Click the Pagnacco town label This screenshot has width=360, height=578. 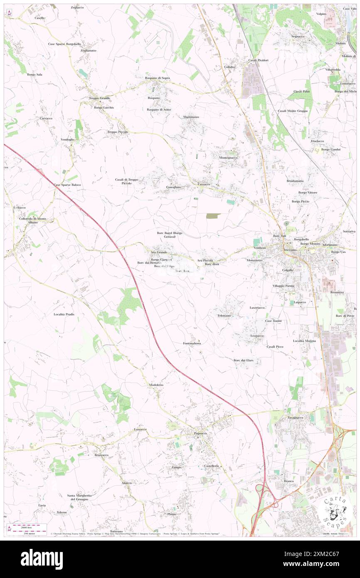pos(200,433)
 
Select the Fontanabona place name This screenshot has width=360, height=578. pos(192,343)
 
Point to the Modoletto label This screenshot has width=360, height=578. pos(156,385)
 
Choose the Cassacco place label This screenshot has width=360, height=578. pos(204,184)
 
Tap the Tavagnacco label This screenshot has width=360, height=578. pos(295,417)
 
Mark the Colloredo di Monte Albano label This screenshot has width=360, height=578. pos(33,220)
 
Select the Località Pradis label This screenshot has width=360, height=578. pos(64,314)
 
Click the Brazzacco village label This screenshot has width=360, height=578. pos(101,455)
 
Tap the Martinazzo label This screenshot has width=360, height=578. pos(191,117)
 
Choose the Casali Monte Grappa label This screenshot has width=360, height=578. pos(293,111)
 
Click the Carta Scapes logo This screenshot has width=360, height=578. pos(335,511)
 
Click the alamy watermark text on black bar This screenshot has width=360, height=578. pos(42,559)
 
